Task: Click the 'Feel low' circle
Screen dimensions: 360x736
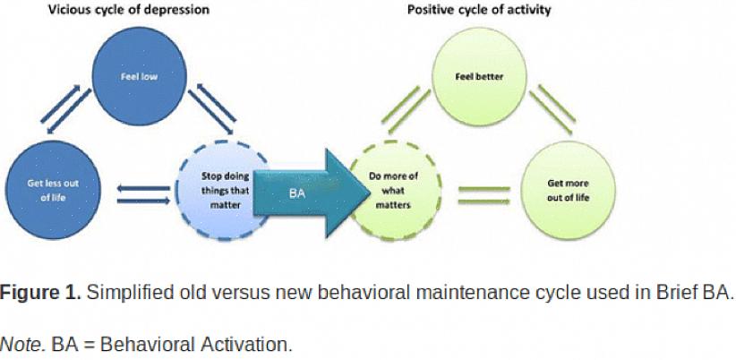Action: [x=139, y=77]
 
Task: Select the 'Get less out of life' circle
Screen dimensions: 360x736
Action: [x=52, y=189]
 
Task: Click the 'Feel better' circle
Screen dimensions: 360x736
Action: [x=479, y=77]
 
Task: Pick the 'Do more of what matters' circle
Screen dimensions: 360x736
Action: [x=394, y=189]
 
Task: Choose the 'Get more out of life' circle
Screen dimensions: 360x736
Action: [x=568, y=189]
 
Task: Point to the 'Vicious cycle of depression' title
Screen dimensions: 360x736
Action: [x=143, y=11]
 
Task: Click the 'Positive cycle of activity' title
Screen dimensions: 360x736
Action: [x=479, y=11]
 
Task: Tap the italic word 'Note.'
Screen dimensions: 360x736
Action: [x=22, y=344]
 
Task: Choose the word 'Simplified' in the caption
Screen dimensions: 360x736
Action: [x=124, y=293]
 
